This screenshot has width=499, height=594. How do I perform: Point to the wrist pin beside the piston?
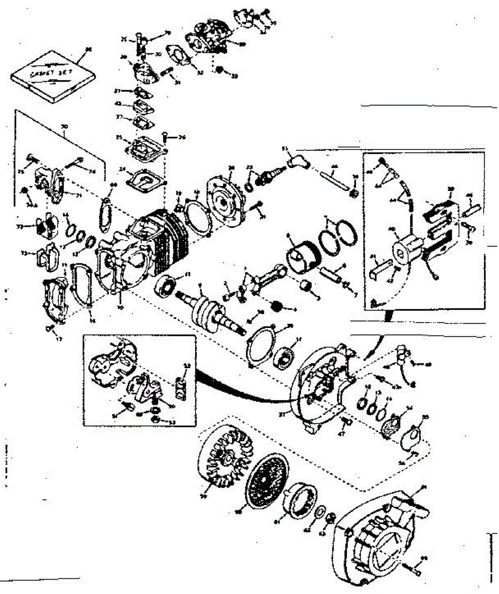tap(331, 272)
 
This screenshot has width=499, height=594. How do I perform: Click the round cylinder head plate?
tap(229, 196)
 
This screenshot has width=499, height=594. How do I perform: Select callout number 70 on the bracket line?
tap(64, 127)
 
